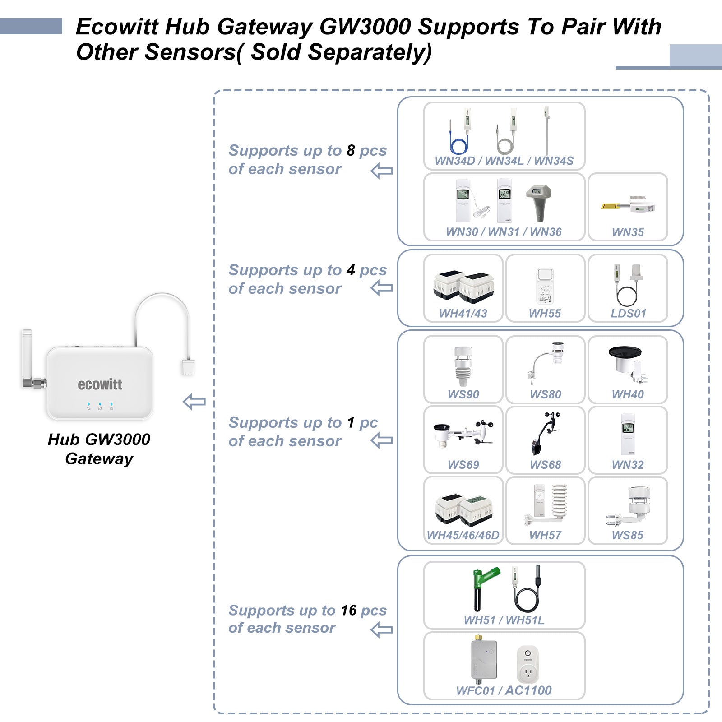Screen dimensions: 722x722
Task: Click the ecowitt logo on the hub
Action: pos(100,384)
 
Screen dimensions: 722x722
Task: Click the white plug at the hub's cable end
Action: pos(188,367)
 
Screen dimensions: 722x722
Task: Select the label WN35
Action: pos(628,232)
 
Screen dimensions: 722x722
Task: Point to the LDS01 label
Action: pos(628,313)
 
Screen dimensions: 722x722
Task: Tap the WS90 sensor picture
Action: pos(463,366)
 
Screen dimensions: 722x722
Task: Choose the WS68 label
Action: pos(545,465)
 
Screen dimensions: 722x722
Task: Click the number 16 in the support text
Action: pos(348,610)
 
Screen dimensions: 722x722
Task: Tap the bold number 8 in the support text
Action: pos(351,150)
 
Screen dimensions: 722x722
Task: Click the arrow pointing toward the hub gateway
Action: pos(194,402)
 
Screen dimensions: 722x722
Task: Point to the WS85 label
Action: pos(627,535)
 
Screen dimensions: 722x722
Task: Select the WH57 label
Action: pos(545,535)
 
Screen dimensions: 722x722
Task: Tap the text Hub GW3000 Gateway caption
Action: pos(99,449)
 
